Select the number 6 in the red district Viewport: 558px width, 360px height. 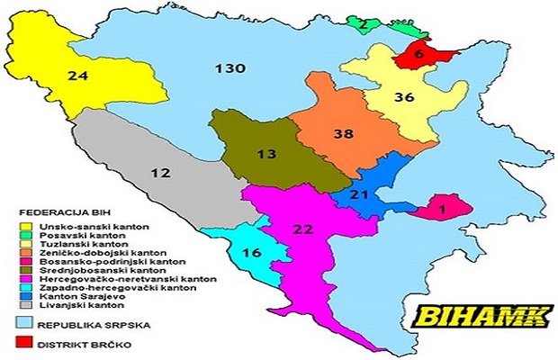click(418, 54)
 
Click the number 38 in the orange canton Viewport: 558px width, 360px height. click(342, 133)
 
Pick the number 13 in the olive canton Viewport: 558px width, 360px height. click(265, 153)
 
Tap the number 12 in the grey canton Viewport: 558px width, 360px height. click(160, 172)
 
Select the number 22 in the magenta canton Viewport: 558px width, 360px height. click(303, 229)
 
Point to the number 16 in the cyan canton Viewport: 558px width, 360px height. click(253, 252)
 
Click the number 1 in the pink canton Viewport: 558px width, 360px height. click(442, 209)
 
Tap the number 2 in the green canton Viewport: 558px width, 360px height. click(362, 24)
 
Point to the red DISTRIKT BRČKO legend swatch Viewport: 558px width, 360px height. click(26, 343)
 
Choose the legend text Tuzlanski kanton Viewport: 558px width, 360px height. click(76, 243)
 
